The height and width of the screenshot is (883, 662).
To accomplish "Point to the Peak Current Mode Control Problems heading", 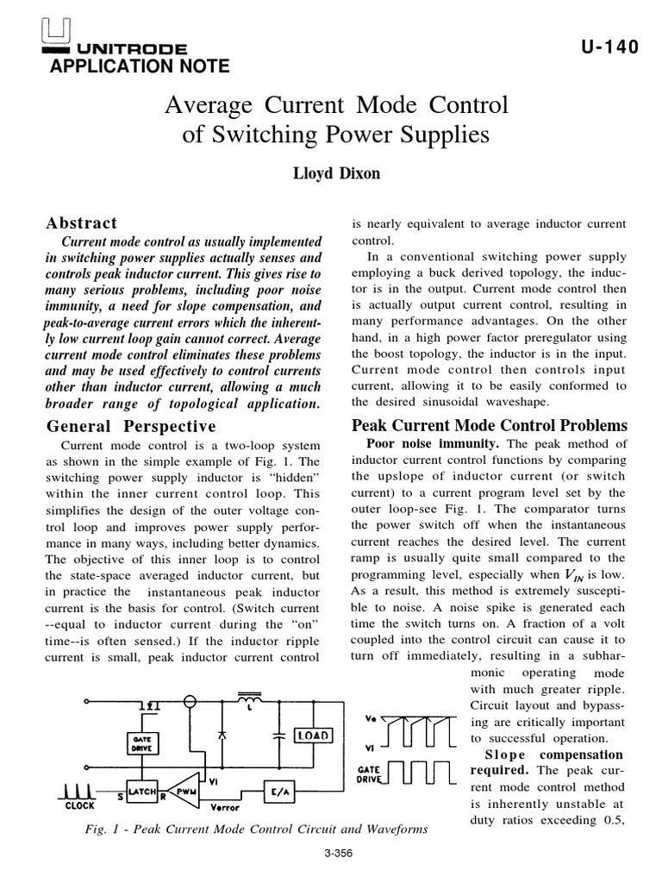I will pyautogui.click(x=490, y=425).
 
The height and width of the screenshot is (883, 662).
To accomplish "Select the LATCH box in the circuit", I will pyautogui.click(x=141, y=790).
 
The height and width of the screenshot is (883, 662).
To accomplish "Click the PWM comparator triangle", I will pyautogui.click(x=186, y=790).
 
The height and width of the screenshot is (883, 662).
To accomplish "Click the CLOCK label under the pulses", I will pyautogui.click(x=80, y=806).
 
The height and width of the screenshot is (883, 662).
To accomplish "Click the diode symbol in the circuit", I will pyautogui.click(x=223, y=735).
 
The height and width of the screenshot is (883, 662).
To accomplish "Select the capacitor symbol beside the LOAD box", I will pyautogui.click(x=278, y=737).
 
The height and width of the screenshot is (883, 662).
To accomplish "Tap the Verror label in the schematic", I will pyautogui.click(x=226, y=808).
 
